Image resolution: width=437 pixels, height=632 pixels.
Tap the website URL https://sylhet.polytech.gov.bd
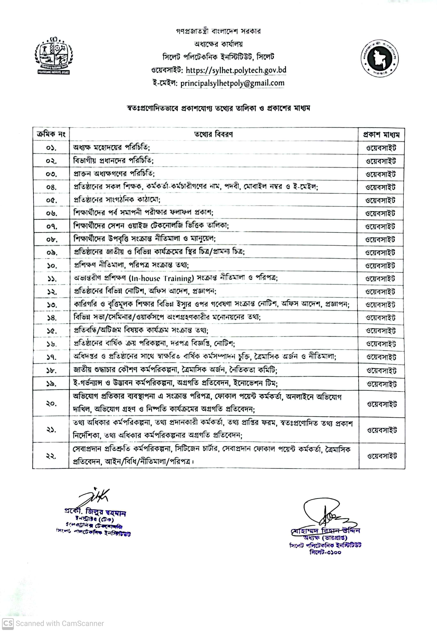coord(236,70)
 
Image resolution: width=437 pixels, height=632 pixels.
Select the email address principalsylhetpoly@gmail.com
coord(232,83)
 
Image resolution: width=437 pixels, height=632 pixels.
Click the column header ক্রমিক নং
coord(51,134)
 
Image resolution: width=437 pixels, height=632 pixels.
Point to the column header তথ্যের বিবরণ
coord(213,134)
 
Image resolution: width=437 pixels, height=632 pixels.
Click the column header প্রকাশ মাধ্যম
coord(381,135)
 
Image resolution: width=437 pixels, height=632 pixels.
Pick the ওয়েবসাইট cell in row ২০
coord(382,404)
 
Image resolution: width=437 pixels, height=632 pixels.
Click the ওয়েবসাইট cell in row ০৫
coord(380,200)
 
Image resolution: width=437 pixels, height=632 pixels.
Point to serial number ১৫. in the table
coord(51,331)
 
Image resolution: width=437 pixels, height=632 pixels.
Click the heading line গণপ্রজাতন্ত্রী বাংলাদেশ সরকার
coord(218,31)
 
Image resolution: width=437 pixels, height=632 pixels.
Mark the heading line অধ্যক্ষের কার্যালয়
coord(218,44)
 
